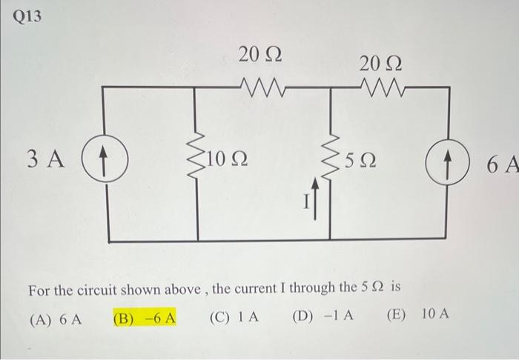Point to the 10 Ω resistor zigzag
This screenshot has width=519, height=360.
[x=198, y=157]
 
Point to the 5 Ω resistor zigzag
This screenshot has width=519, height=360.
[x=330, y=158]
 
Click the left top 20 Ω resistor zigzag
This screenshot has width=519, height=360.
[x=259, y=89]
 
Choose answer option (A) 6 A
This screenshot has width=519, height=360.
[x=54, y=319]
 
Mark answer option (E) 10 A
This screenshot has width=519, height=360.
[x=417, y=314]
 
